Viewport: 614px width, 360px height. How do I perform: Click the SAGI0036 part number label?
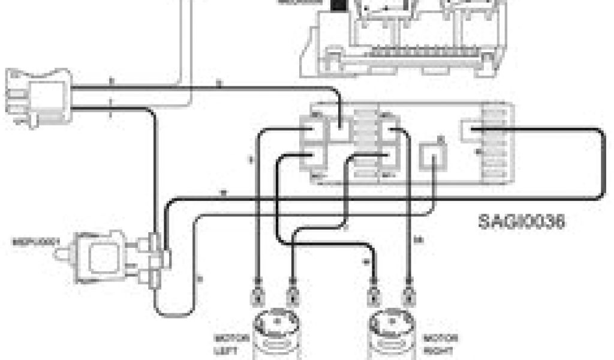coord(522,221)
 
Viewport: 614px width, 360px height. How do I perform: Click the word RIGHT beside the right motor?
coord(438,349)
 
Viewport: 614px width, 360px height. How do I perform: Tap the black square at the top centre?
coord(339,5)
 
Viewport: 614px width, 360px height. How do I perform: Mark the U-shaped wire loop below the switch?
coord(174,309)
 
